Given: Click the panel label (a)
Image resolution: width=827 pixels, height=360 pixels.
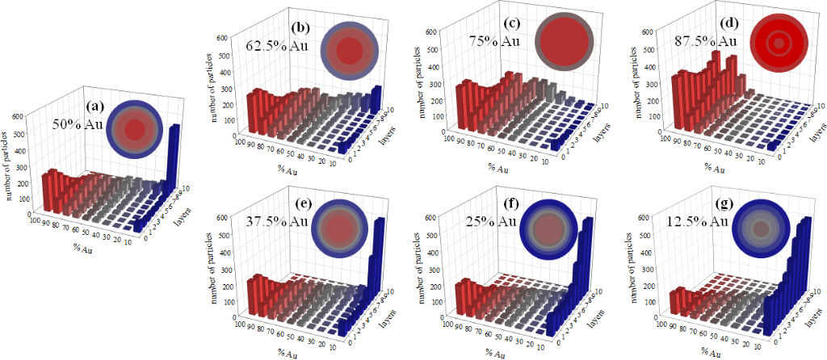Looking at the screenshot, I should tap(95, 106).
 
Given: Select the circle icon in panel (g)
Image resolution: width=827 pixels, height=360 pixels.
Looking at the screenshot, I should tap(761, 229).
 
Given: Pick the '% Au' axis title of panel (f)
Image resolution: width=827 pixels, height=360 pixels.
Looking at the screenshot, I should tap(495, 353).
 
